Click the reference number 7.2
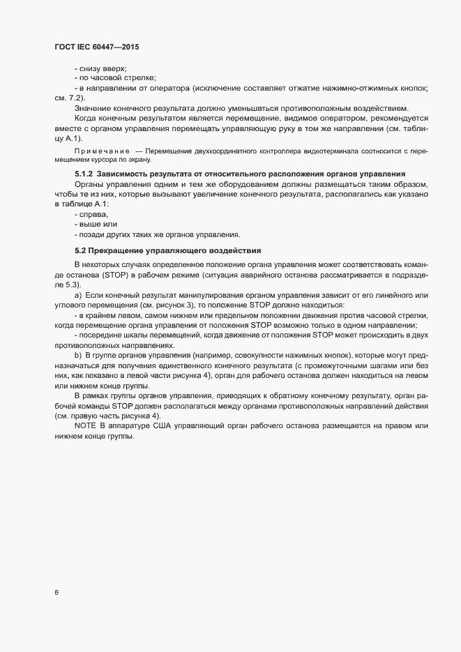tap(75, 98)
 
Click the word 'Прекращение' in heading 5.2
tap(118, 250)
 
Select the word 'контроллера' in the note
tap(229, 152)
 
